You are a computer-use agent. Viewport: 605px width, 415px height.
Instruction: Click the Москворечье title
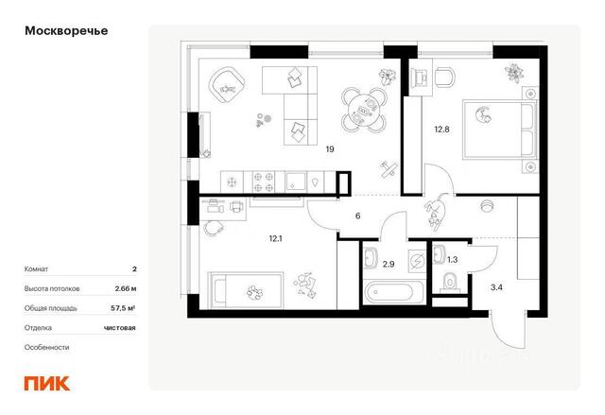point(66,31)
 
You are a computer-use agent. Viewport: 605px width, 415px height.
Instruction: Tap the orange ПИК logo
point(47,383)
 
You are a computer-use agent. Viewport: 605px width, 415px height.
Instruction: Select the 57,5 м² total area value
point(123,308)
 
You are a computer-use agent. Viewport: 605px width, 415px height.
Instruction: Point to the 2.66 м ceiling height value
point(126,288)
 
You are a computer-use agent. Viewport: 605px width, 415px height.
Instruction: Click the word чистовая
point(120,328)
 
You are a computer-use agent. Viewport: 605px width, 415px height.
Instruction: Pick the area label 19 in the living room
point(330,149)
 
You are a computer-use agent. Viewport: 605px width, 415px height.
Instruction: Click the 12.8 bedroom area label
point(441,130)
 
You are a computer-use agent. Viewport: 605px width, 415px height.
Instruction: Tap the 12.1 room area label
point(275,239)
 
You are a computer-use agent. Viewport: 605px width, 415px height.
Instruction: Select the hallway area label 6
point(357,216)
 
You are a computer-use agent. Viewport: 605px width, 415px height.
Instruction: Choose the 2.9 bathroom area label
point(389,264)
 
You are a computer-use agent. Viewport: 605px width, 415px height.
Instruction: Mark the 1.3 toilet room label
point(452,260)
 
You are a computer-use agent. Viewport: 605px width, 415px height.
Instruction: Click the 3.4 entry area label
point(496,287)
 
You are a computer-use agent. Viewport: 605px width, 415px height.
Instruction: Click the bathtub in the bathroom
point(393,292)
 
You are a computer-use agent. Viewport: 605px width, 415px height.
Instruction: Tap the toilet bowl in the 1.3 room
point(450,282)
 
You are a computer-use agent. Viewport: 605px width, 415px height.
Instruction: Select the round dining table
point(363,111)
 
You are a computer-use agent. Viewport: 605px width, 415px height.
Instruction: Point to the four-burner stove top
point(264,182)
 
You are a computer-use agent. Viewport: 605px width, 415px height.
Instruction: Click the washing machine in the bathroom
point(418,262)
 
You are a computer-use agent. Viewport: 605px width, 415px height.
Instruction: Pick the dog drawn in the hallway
point(436,212)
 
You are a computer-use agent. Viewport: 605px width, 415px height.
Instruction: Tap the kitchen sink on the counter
point(296,182)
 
